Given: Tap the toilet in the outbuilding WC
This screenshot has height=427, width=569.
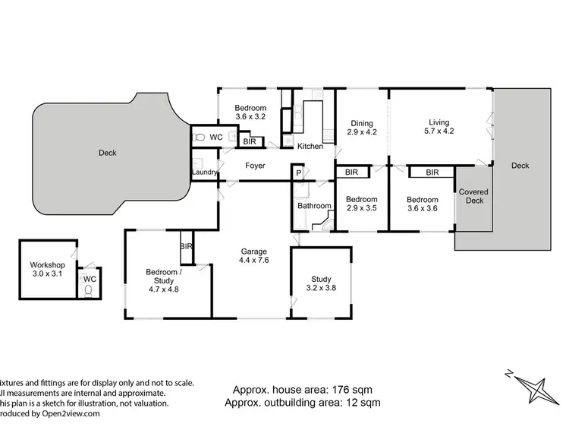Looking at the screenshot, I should click(x=90, y=289).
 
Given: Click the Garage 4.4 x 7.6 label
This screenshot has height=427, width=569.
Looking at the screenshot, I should click(x=253, y=255).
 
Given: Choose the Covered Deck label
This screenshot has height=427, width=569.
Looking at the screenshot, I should click(x=473, y=198).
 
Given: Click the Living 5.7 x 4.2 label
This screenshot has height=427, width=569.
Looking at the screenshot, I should click(x=439, y=127).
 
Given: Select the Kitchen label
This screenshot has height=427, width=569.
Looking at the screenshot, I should click(x=310, y=146).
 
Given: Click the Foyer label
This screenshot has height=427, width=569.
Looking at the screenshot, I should click(x=254, y=165).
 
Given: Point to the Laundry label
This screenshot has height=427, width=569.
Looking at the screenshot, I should click(x=205, y=172).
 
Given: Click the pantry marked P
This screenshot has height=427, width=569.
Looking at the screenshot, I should click(x=299, y=172).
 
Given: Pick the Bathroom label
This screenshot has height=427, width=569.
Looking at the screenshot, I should click(x=314, y=206).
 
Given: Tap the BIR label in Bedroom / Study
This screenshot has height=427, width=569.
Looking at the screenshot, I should click(x=186, y=246).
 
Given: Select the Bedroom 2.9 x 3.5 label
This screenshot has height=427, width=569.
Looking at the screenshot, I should click(x=362, y=204).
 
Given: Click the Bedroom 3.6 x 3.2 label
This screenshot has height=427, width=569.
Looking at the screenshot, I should click(x=250, y=112).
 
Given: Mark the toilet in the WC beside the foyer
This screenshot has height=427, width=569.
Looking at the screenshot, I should click(x=200, y=138).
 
